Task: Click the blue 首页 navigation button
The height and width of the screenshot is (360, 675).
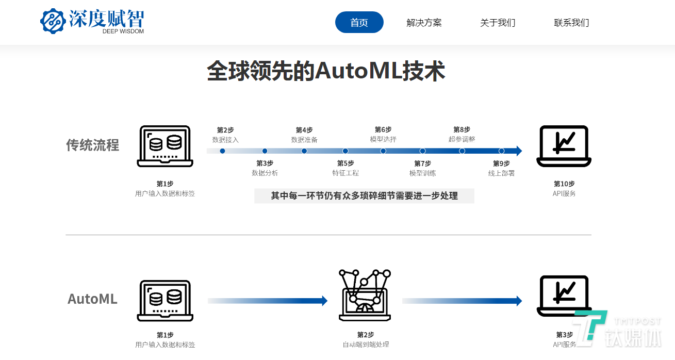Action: [359, 22]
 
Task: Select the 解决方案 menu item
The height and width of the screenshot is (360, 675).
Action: [424, 23]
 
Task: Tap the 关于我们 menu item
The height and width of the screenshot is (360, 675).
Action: [498, 23]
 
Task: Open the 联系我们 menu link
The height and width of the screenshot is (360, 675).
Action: [571, 23]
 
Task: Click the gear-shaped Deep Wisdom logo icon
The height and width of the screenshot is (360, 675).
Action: [53, 21]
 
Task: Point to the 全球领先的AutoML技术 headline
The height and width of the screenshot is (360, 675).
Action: [326, 71]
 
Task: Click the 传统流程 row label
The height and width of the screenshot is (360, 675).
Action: [92, 145]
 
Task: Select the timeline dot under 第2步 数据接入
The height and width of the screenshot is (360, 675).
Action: [222, 151]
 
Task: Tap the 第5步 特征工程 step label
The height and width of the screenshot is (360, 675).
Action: [345, 168]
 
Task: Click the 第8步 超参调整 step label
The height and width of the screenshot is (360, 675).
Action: [462, 135]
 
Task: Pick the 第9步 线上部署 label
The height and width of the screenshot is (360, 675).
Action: [501, 168]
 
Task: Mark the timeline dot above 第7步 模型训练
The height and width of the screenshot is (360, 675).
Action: [422, 151]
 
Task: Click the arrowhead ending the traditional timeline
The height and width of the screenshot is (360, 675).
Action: [519, 151]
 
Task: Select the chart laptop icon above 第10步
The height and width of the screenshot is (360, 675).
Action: [564, 146]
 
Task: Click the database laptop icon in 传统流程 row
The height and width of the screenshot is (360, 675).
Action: [165, 146]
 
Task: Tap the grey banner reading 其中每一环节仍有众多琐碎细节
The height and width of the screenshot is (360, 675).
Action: [364, 196]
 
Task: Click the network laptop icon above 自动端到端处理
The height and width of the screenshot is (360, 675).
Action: [365, 295]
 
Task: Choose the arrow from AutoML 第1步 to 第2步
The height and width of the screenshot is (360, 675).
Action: [268, 301]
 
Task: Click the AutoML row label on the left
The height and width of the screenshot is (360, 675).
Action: [92, 299]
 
